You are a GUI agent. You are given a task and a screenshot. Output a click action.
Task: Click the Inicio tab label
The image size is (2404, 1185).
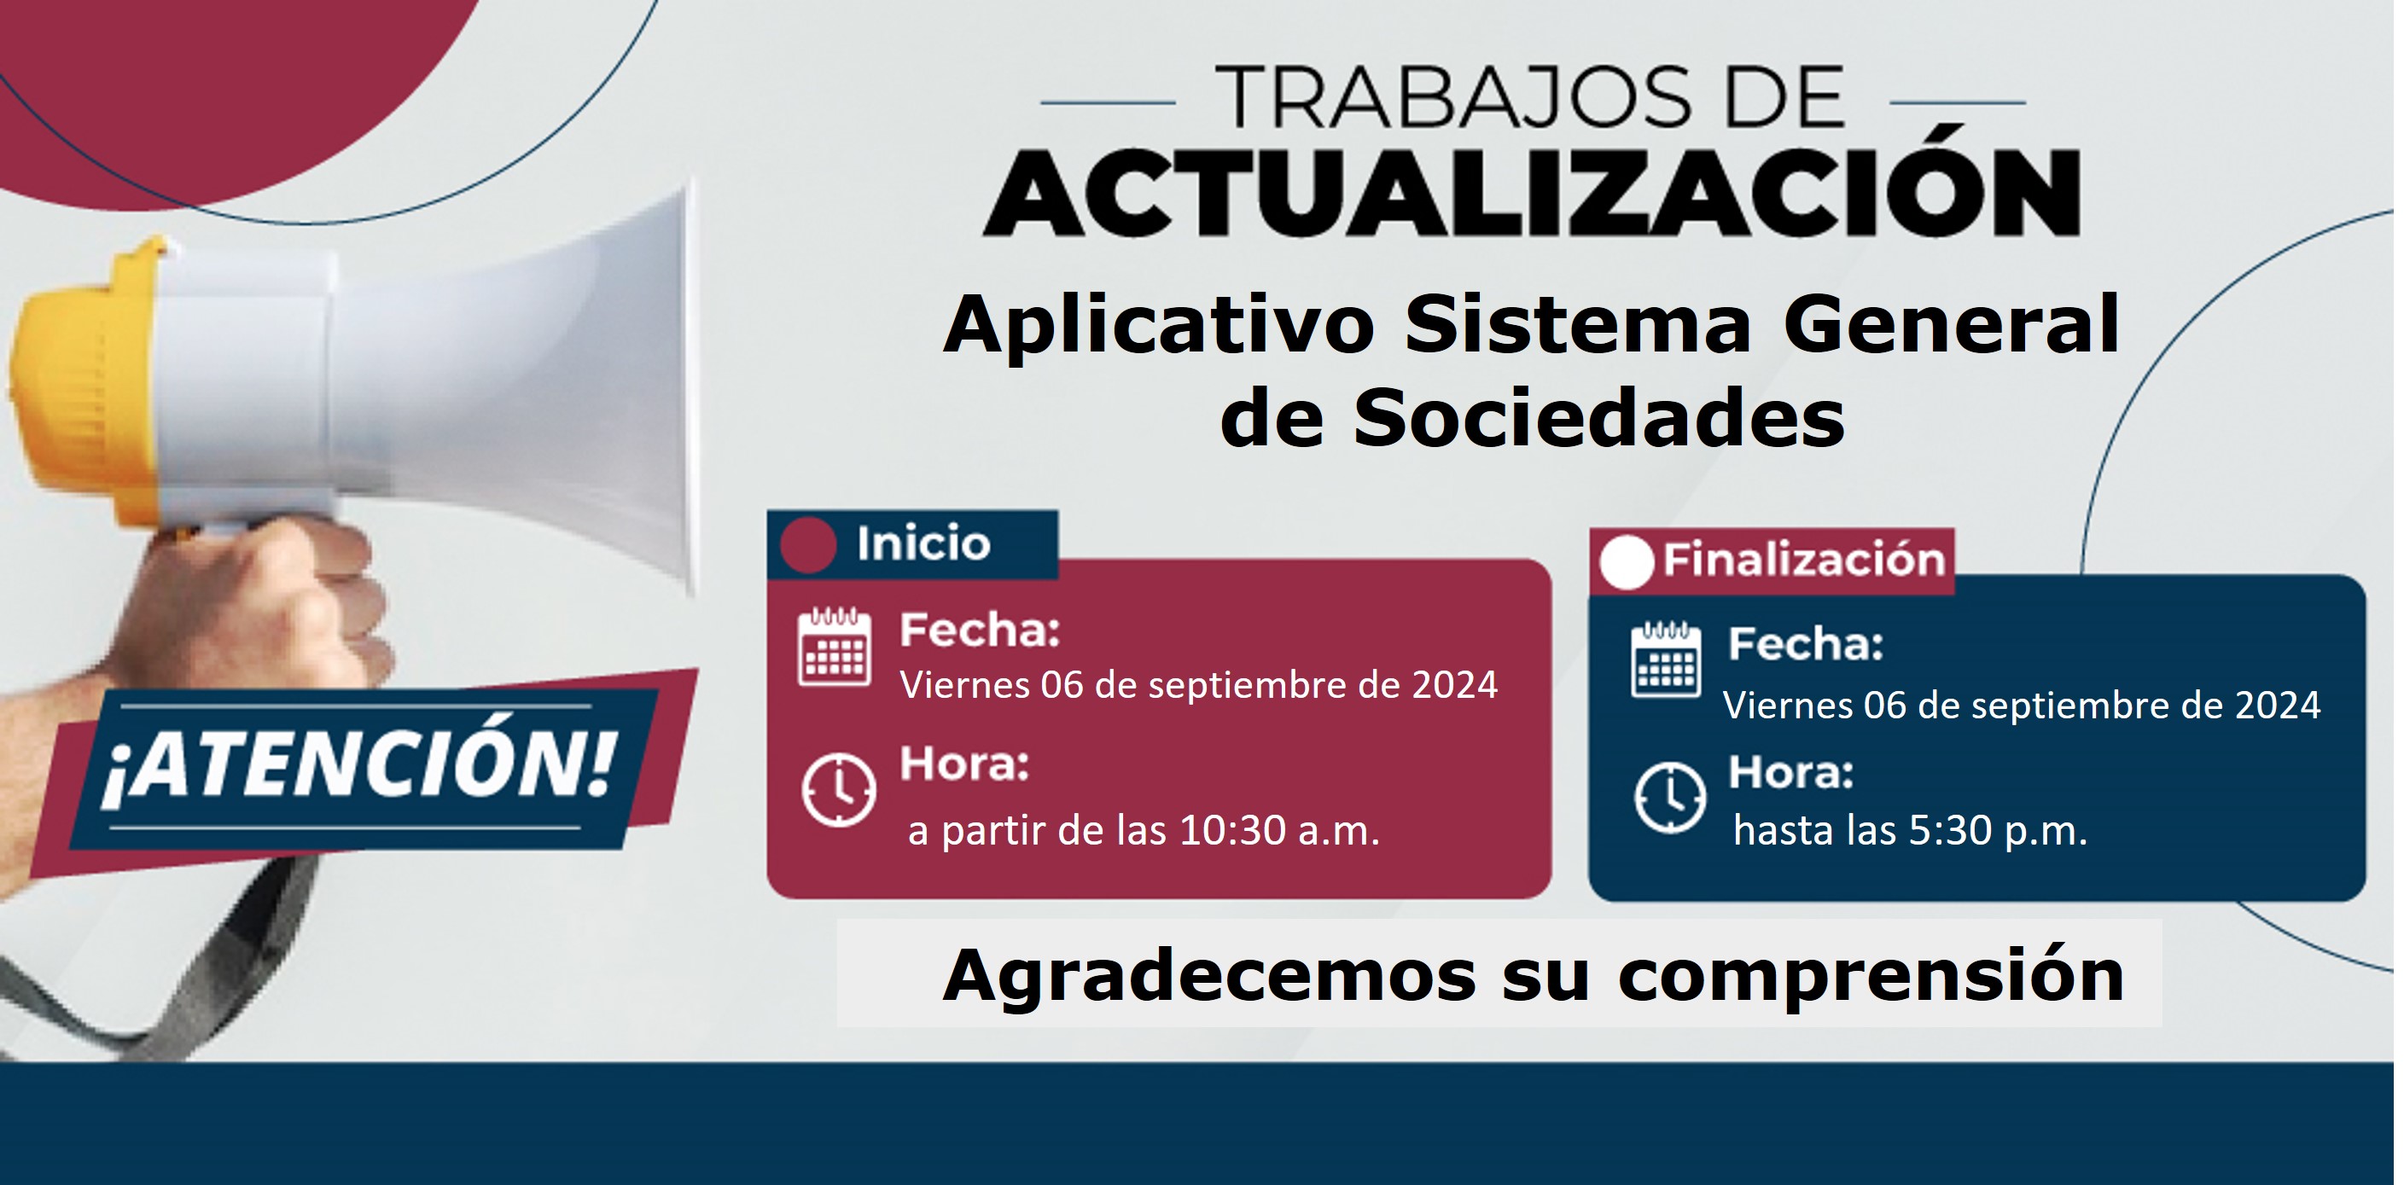click(923, 543)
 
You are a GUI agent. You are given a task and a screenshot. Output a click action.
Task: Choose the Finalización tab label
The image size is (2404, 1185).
click(1804, 560)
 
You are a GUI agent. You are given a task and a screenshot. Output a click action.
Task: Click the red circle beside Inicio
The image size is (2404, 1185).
click(808, 545)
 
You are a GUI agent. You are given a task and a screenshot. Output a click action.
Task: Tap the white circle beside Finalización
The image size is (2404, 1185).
click(1627, 561)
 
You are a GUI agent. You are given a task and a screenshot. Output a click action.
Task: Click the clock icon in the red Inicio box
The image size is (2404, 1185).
click(839, 789)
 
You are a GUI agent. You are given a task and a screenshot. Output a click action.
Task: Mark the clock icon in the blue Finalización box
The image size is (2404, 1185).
click(1670, 798)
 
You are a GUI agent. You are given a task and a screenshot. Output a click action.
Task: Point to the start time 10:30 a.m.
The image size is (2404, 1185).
click(1279, 830)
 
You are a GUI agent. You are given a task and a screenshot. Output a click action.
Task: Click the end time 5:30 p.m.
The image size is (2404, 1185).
click(1997, 830)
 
